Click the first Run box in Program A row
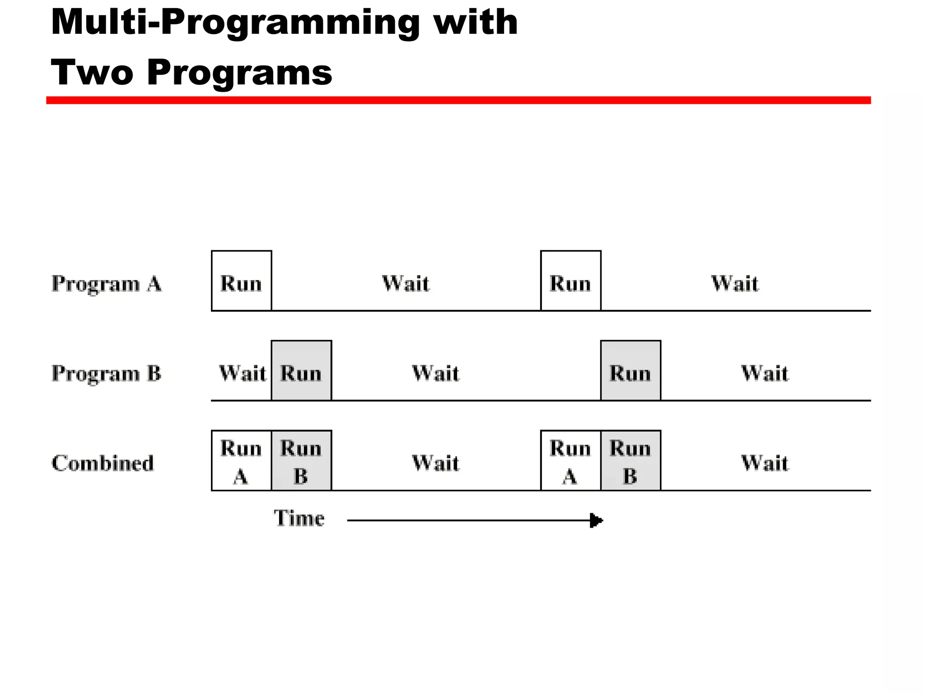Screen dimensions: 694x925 click(x=241, y=281)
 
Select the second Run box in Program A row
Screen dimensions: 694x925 click(x=570, y=281)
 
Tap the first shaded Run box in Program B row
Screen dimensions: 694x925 click(x=301, y=370)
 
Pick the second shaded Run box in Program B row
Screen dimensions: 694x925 click(x=631, y=370)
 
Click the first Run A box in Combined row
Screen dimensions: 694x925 click(x=241, y=460)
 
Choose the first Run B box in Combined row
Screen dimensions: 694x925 click(x=301, y=460)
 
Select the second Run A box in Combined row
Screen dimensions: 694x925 click(x=570, y=460)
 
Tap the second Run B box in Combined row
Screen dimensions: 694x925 click(x=631, y=460)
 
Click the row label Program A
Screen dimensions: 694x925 click(x=107, y=284)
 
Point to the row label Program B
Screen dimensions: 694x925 click(x=107, y=374)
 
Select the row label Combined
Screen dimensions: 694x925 click(x=103, y=463)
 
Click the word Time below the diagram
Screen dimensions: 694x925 click(x=299, y=518)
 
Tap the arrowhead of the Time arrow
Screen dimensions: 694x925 click(x=596, y=520)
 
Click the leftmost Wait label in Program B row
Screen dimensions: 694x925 click(x=243, y=374)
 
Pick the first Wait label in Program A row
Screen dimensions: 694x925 click(x=406, y=284)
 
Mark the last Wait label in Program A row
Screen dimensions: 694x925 click(x=735, y=284)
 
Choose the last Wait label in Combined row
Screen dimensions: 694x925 click(x=765, y=464)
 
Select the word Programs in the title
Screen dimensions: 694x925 click(x=239, y=72)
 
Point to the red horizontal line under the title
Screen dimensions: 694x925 click(x=458, y=100)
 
